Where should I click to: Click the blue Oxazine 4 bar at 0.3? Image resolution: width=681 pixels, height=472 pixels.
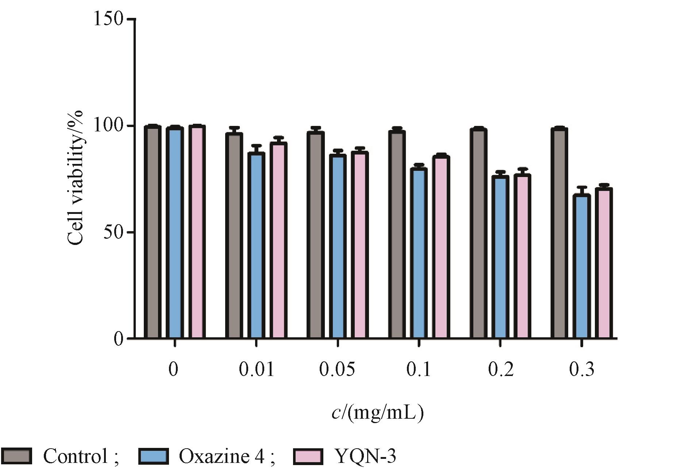[581, 266]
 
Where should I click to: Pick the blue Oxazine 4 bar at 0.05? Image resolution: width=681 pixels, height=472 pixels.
[338, 246]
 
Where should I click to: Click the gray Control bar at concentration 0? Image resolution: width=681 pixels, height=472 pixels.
[153, 232]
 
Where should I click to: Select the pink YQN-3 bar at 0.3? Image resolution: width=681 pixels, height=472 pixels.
[604, 263]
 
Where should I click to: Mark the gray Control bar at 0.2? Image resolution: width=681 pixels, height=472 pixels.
[478, 234]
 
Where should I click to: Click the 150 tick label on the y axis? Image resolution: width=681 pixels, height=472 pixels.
[109, 19]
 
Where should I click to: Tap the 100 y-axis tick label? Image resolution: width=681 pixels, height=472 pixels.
[109, 126]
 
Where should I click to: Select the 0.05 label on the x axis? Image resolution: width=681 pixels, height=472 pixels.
[337, 370]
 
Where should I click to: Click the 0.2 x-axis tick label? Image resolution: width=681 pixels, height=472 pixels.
[500, 370]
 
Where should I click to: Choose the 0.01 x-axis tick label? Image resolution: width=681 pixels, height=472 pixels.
[256, 370]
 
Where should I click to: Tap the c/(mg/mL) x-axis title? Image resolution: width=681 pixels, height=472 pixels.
[377, 413]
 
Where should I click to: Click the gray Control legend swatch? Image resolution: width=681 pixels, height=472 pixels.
[16, 456]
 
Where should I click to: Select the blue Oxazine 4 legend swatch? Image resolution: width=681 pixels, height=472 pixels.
[153, 456]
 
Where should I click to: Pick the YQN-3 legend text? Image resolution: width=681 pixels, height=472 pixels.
[365, 456]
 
